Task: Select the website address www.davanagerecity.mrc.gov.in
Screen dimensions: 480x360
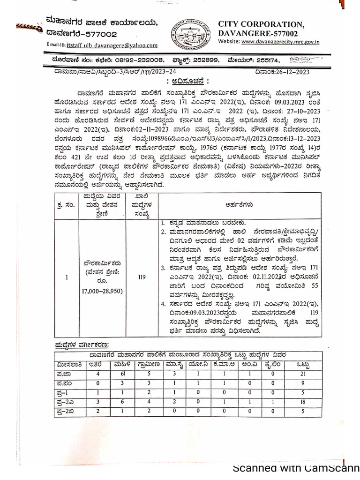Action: [280, 42]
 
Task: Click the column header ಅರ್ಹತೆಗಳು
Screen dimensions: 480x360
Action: [240, 204]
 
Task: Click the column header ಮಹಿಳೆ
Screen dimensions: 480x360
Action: [122, 364]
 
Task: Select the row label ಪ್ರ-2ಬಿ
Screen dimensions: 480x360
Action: [67, 411]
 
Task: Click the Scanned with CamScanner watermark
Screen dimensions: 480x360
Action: [296, 469]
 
